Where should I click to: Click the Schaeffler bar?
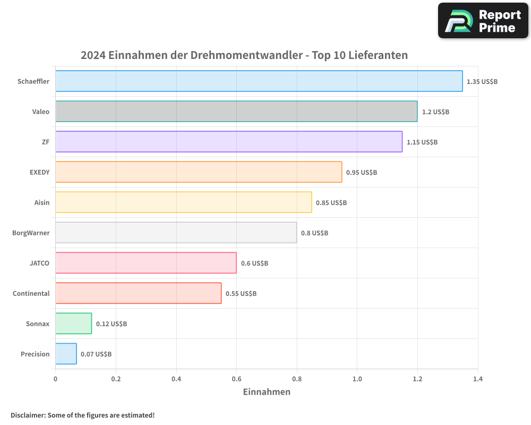pyautogui.click(x=259, y=81)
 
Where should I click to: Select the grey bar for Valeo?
pyautogui.click(x=236, y=112)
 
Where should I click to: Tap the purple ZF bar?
pyautogui.click(x=228, y=142)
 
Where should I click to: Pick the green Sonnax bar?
pyautogui.click(x=73, y=324)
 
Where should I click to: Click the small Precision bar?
pyautogui.click(x=66, y=354)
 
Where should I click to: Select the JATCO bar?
pyautogui.click(x=146, y=263)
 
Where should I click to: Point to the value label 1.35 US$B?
pyautogui.click(x=482, y=82)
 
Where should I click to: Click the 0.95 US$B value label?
pyautogui.click(x=362, y=173)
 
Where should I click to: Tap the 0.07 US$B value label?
pyautogui.click(x=96, y=354)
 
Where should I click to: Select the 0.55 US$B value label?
pyautogui.click(x=241, y=294)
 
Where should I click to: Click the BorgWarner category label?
pyautogui.click(x=31, y=233)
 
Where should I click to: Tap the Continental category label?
pyautogui.click(x=31, y=293)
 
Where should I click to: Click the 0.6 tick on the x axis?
pyautogui.click(x=236, y=379)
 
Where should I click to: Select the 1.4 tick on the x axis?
pyautogui.click(x=478, y=379)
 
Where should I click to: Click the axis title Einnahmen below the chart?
pyautogui.click(x=267, y=392)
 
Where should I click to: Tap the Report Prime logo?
pyautogui.click(x=483, y=21)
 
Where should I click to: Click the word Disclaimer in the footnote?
pyautogui.click(x=28, y=415)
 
